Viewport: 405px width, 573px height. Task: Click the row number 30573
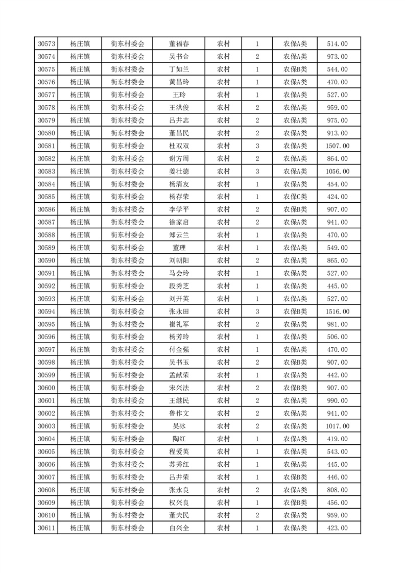point(46,44)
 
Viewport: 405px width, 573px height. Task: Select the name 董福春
point(179,44)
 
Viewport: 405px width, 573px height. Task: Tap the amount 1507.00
point(337,146)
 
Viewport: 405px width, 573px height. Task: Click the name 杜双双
point(179,146)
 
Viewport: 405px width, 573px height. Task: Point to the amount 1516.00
point(337,312)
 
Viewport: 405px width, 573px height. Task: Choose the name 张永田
point(179,312)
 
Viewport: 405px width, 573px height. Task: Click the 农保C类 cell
point(295,197)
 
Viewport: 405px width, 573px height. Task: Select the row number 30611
point(46,528)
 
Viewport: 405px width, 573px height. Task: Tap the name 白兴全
point(179,528)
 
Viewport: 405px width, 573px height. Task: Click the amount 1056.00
point(337,172)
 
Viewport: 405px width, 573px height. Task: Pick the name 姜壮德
point(179,172)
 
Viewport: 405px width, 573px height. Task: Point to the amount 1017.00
point(337,426)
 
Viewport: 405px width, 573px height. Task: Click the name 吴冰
point(179,426)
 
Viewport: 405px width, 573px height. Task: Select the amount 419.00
point(337,439)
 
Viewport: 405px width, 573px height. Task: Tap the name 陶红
point(179,439)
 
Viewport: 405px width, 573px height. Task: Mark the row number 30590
point(46,260)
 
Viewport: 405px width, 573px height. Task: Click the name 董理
point(179,248)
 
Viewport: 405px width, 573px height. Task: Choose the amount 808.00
point(337,490)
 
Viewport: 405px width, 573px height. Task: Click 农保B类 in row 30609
point(295,503)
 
